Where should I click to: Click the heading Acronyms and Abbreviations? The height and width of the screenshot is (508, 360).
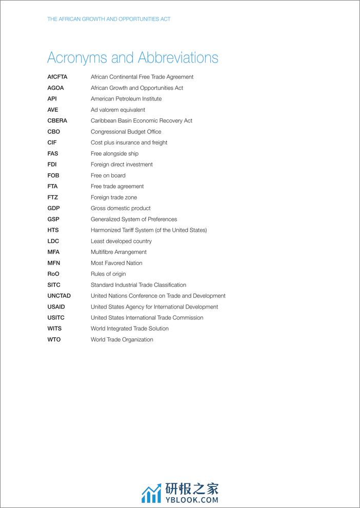132,57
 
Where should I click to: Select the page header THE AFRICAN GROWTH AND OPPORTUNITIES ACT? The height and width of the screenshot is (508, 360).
109,19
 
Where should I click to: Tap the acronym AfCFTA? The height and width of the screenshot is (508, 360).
57,77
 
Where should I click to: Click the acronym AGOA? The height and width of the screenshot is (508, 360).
56,88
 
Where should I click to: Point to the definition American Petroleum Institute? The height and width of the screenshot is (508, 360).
126,99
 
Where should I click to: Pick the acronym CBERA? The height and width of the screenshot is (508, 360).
57,121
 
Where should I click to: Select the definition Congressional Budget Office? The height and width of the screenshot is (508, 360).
126,132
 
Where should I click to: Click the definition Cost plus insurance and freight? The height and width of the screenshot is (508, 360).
129,143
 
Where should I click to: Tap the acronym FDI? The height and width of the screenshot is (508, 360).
52,165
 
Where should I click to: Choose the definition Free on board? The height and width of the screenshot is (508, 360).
108,175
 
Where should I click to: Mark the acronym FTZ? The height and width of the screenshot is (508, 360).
53,197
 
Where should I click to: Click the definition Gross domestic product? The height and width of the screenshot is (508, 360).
121,208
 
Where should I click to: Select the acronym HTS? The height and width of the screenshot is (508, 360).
53,230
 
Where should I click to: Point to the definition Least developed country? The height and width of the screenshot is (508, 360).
121,241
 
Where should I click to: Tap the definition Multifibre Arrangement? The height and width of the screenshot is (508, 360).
118,252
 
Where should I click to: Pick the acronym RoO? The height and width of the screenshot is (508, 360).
54,274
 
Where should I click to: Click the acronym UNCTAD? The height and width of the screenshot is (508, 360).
59,296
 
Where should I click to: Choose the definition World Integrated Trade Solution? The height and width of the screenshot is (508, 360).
130,329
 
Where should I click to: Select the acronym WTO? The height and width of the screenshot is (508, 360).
54,339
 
